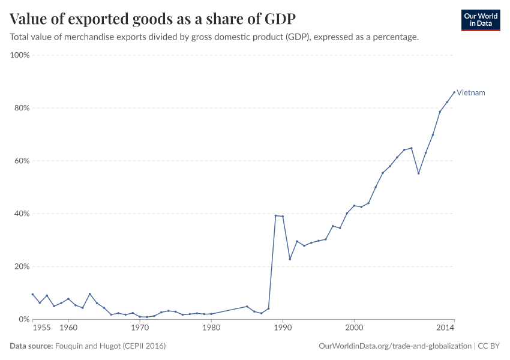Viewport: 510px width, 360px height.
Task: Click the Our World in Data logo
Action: (x=481, y=20)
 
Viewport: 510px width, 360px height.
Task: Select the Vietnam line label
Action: (x=471, y=93)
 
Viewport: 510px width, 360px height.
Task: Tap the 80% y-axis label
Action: (x=22, y=108)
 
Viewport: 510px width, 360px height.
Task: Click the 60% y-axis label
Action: (x=22, y=161)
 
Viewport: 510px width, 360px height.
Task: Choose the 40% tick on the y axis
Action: (x=22, y=214)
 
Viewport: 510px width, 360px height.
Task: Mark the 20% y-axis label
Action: (x=22, y=266)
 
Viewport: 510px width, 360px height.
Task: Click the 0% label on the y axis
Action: (x=24, y=319)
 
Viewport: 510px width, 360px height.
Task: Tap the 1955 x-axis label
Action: (x=41, y=328)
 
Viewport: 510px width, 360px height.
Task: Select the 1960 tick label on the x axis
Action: (x=68, y=328)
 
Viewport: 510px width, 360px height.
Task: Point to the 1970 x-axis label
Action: (x=140, y=328)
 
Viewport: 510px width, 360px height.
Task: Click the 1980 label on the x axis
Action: (x=211, y=328)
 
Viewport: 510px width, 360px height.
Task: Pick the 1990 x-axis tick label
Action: (x=283, y=328)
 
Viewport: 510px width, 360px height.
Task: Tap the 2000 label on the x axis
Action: (x=354, y=328)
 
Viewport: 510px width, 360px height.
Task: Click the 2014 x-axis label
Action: (x=445, y=328)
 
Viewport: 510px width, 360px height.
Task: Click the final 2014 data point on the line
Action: (x=454, y=92)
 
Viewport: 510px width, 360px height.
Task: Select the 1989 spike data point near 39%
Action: (x=275, y=215)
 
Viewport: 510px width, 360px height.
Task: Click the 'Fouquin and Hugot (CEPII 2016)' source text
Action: (x=110, y=346)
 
